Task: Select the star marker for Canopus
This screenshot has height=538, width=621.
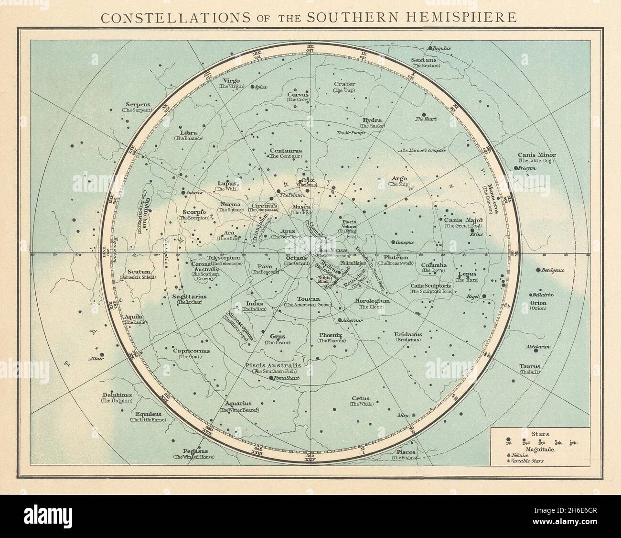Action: (x=393, y=242)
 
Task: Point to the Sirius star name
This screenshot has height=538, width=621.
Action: (x=476, y=234)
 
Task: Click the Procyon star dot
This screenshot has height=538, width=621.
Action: (x=516, y=168)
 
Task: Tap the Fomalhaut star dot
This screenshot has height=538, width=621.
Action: (x=271, y=378)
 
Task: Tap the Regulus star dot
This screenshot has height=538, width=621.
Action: (x=430, y=48)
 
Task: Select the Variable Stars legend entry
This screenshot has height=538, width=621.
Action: (x=528, y=461)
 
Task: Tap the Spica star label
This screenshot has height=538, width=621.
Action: (x=261, y=87)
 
